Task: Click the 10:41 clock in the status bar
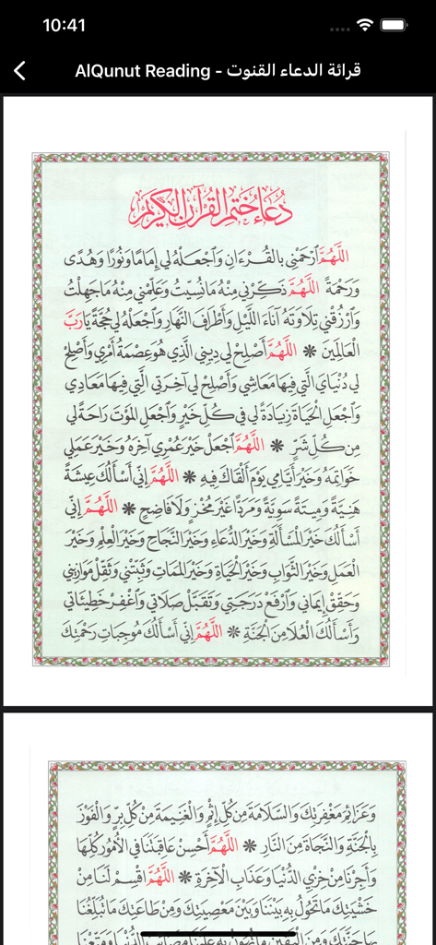(x=64, y=26)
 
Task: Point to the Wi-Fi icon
(x=365, y=25)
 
